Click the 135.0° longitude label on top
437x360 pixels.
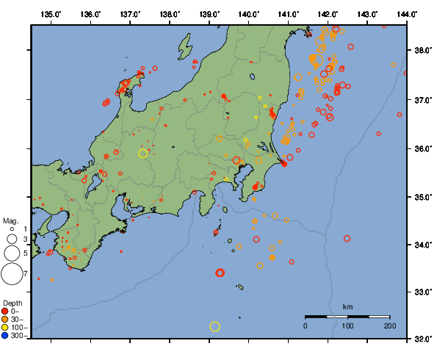click(x=51, y=14)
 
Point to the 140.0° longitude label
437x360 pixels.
click(x=249, y=14)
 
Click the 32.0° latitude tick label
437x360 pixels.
click(x=422, y=339)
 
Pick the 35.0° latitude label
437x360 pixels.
click(x=422, y=197)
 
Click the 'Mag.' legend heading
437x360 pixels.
click(x=10, y=220)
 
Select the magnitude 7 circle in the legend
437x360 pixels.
click(x=12, y=274)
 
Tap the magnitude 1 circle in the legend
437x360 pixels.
click(x=12, y=229)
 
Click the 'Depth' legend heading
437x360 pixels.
click(x=12, y=303)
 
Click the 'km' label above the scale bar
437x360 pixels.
click(x=347, y=306)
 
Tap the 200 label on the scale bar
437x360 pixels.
click(x=389, y=325)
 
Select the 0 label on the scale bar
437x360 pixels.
click(x=306, y=325)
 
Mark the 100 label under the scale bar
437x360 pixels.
click(x=347, y=325)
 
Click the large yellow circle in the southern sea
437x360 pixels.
click(x=214, y=326)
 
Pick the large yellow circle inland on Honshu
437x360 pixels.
click(x=143, y=153)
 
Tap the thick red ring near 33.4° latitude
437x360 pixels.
click(x=220, y=273)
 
